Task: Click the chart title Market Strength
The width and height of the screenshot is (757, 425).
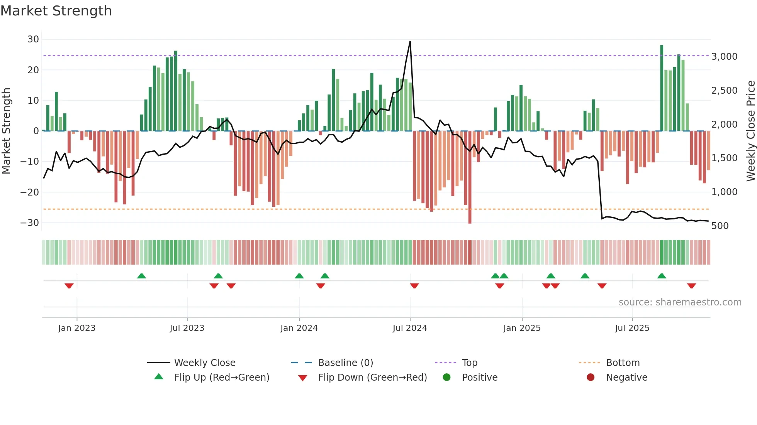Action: [x=56, y=11]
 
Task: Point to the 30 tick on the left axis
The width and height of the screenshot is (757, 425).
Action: [x=33, y=39]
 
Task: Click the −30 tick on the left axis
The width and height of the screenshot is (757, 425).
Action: [x=30, y=223]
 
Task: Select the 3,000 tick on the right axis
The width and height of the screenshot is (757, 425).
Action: [x=724, y=57]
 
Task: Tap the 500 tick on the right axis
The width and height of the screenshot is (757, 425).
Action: [x=720, y=226]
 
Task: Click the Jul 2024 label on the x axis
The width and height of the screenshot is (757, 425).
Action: [x=410, y=328]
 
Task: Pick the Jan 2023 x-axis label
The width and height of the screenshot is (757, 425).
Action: [x=77, y=328]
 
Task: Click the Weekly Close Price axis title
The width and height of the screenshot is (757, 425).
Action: [x=750, y=131]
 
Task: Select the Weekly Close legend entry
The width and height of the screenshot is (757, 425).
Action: [x=204, y=363]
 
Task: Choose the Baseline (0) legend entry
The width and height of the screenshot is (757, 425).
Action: [x=345, y=363]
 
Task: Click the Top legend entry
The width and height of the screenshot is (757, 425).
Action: [x=469, y=363]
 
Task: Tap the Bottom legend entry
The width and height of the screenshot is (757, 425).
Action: [x=623, y=363]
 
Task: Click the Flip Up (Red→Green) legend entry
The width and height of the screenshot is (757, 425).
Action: [x=221, y=378]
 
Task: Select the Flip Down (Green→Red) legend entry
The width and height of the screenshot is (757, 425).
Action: [x=372, y=378]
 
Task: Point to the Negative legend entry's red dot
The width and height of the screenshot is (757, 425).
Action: [x=591, y=377]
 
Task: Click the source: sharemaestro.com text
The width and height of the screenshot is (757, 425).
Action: [x=680, y=302]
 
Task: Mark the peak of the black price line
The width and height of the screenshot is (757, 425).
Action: [x=410, y=41]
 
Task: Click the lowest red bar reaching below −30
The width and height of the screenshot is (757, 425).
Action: [x=470, y=222]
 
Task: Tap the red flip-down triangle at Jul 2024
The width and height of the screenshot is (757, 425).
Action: [x=414, y=286]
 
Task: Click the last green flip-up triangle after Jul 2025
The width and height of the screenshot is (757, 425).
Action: [x=662, y=276]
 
